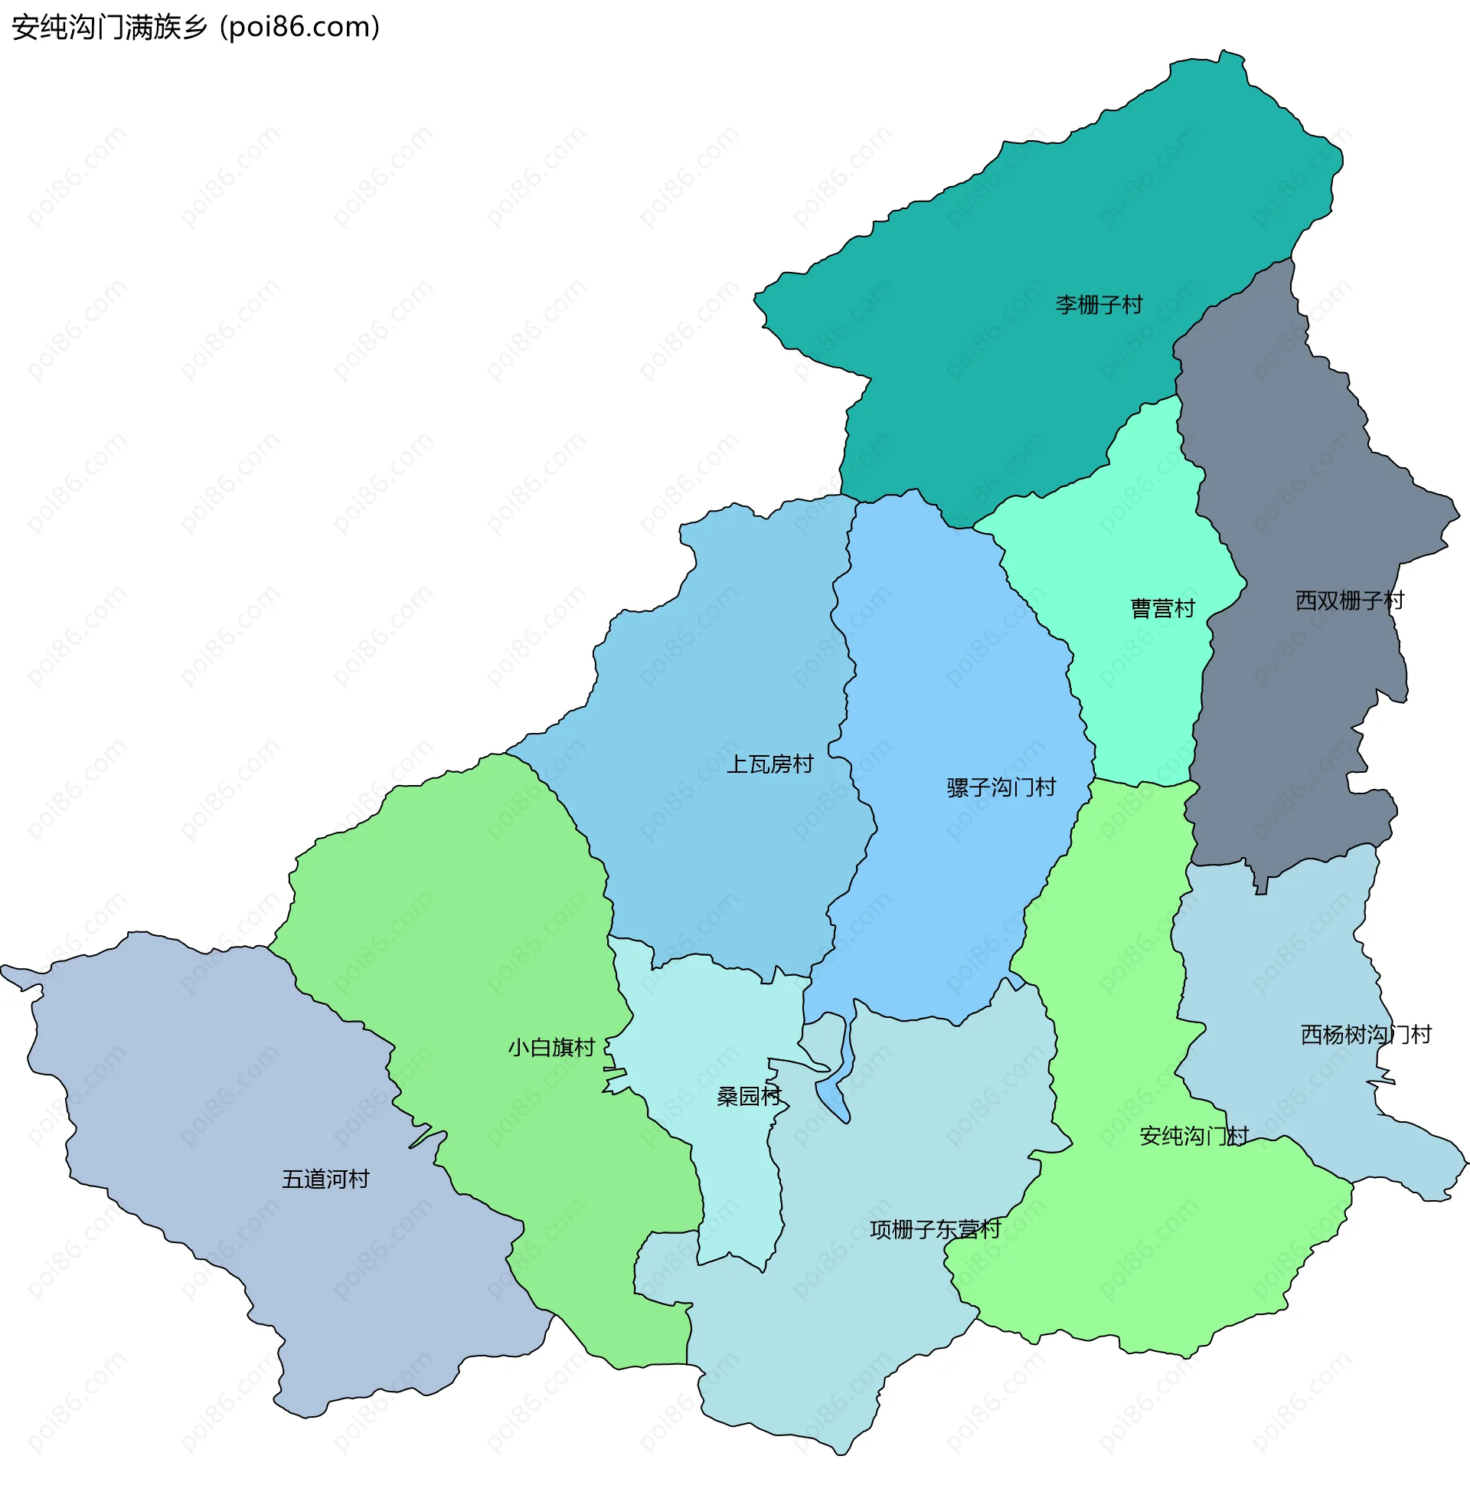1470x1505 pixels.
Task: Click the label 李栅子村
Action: point(1099,305)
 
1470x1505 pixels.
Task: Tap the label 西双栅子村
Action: point(1350,600)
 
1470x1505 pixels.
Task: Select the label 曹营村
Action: point(1163,608)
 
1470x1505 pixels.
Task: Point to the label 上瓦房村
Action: point(769,764)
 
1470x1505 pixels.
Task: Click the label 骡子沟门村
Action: point(1001,787)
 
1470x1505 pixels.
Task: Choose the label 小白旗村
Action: point(551,1048)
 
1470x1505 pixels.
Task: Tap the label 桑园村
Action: point(749,1097)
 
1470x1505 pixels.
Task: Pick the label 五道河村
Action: point(326,1179)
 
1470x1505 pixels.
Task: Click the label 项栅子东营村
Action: point(935,1229)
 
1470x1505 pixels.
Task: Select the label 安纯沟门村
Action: point(1194,1136)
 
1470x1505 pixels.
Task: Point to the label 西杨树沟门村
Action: point(1366,1035)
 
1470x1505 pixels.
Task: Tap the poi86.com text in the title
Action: point(299,28)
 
